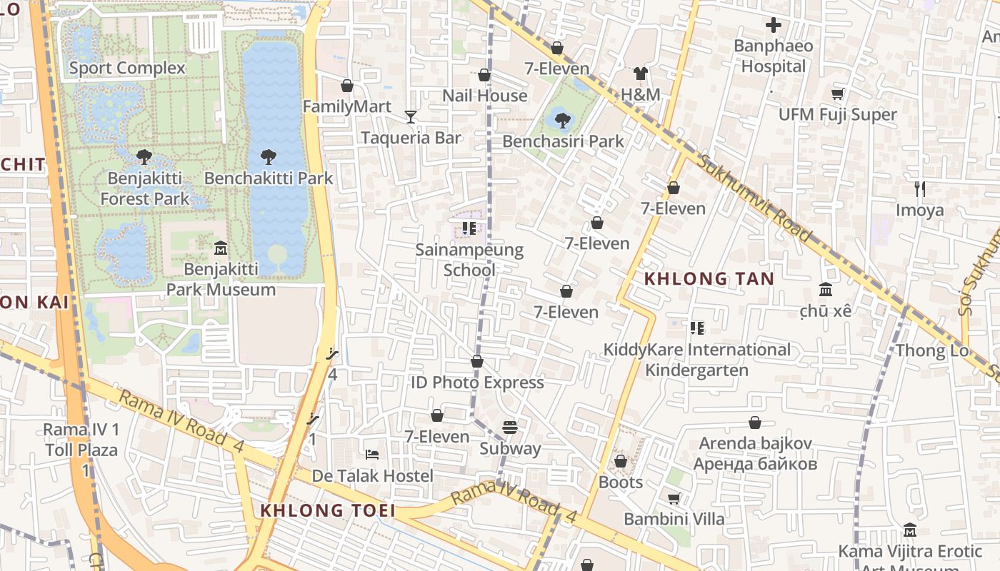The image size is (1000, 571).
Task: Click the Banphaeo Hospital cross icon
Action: point(773,26)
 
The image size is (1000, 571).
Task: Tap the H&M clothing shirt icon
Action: point(640,74)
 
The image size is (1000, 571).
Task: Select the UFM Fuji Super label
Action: point(837,115)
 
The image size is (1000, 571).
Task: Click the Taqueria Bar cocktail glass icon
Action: point(411,117)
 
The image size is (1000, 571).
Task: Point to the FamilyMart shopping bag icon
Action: point(347,86)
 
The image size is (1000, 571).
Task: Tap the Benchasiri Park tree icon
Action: point(563,120)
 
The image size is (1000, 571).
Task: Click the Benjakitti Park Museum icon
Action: point(221,248)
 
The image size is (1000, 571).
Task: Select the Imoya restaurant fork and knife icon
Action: point(920,189)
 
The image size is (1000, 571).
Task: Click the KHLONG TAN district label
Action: point(709,279)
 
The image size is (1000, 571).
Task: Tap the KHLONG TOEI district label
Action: point(328,510)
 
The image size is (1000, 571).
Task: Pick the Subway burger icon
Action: point(509,428)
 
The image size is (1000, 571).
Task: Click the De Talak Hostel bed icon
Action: point(371,455)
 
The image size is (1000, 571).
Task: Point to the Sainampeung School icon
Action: point(469,228)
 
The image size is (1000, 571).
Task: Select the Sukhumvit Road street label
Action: point(755,198)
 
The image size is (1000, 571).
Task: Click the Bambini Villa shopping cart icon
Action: point(674,498)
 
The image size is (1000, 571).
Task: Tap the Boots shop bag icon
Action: point(621,461)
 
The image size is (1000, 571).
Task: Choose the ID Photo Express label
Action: point(477,383)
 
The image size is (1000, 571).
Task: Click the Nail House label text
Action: point(484,96)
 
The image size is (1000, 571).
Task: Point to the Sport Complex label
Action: point(127,68)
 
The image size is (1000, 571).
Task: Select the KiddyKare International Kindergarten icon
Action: point(697,328)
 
